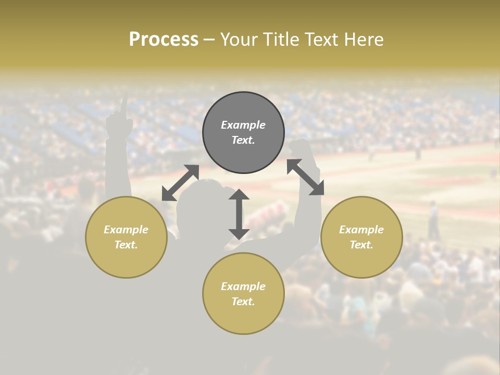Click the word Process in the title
(x=164, y=40)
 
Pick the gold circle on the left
(x=126, y=237)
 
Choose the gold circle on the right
(x=361, y=237)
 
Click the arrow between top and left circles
(x=181, y=182)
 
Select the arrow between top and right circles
(x=305, y=177)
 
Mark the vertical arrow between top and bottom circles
(x=239, y=214)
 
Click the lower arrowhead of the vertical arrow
(x=239, y=233)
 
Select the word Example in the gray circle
(x=243, y=125)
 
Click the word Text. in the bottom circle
(x=243, y=302)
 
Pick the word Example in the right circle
(x=361, y=230)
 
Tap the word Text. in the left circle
(x=126, y=245)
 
